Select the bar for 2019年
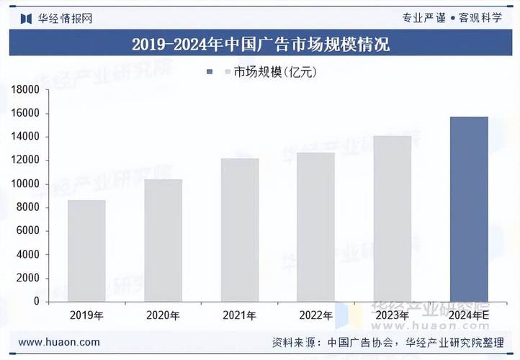pos(86,251)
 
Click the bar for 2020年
pos(163,240)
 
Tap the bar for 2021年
pos(239,230)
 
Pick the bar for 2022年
pos(315,227)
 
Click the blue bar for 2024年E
pos(468,209)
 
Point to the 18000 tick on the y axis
pos(26,90)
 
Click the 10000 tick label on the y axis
pos(26,184)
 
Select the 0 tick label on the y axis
pos(37,302)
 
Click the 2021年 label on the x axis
pos(239,315)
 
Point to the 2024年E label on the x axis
pos(469,315)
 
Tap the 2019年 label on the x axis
pos(86,315)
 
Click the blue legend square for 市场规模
pos(210,71)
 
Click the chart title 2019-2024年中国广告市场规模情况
pos(260,45)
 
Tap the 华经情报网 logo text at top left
pos(65,17)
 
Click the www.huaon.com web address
pos(59,342)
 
